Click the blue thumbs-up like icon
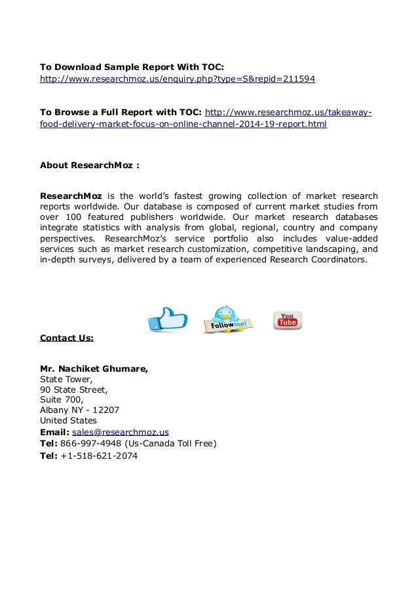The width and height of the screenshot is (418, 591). (166, 319)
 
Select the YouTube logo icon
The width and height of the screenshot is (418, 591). (287, 320)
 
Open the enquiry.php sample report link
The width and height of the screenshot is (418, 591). (178, 79)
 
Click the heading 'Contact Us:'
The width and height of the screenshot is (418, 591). (67, 338)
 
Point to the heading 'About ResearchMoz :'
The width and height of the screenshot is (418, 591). (90, 165)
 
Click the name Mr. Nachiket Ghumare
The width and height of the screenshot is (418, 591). (94, 368)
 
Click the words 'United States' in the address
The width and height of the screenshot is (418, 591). (68, 420)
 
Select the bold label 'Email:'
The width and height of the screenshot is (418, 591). (54, 432)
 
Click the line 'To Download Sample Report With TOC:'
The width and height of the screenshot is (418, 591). (132, 67)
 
